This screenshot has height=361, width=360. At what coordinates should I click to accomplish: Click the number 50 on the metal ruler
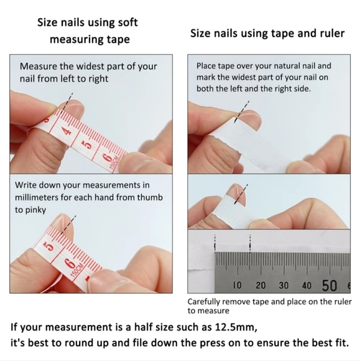click(330, 285)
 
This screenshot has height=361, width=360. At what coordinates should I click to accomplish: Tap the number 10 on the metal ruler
click(238, 285)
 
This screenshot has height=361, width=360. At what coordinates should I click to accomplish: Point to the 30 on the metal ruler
click(284, 286)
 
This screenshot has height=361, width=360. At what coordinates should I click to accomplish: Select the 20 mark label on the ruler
click(261, 286)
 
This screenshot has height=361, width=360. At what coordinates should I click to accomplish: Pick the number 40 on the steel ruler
click(307, 286)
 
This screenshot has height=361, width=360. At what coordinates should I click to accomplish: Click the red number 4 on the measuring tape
click(67, 131)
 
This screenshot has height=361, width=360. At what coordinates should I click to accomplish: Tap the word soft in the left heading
click(127, 22)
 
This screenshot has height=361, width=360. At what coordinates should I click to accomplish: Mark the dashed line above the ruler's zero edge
click(215, 243)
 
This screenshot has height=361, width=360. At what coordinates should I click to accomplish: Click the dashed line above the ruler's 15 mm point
click(250, 243)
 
